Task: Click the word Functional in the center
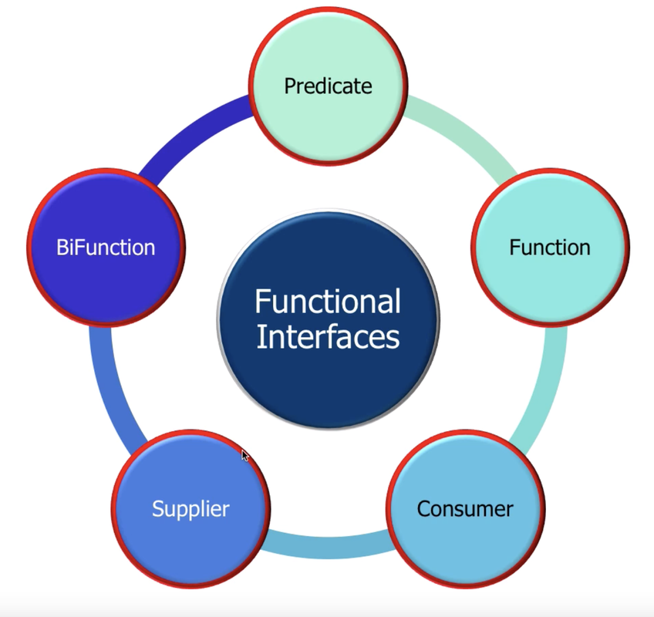328,302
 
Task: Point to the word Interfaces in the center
328,338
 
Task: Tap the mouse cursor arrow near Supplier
245,456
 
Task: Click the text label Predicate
328,85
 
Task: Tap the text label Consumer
465,509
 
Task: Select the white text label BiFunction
106,247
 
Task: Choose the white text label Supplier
190,509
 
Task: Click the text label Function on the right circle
549,247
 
